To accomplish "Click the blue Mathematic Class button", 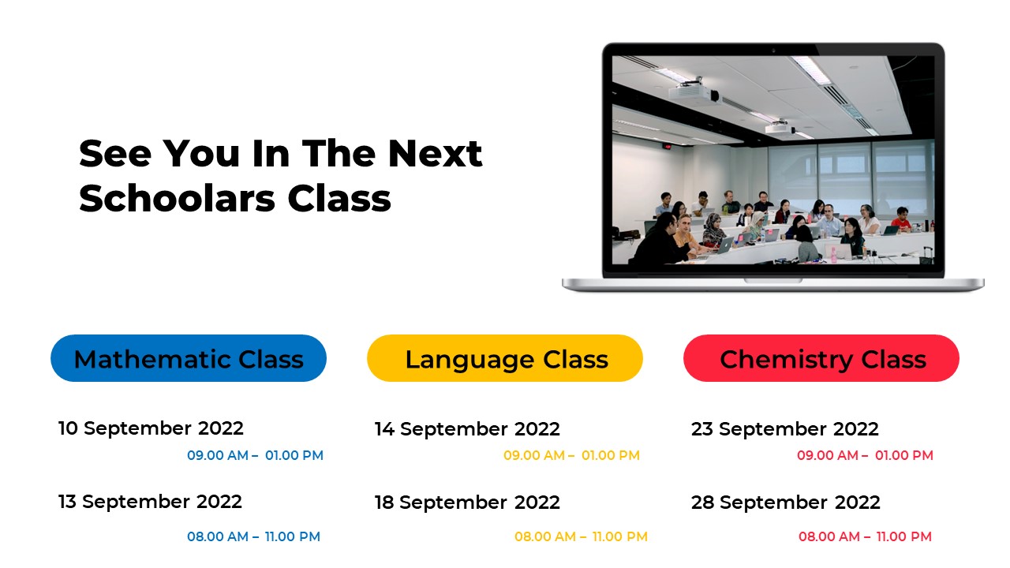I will pyautogui.click(x=189, y=359).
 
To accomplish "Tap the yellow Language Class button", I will pyautogui.click(x=505, y=359).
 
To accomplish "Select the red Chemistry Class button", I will pyautogui.click(x=821, y=359).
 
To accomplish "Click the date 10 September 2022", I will pyautogui.click(x=151, y=428).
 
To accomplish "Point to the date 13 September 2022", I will pyautogui.click(x=150, y=502).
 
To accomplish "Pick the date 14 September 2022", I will pyautogui.click(x=467, y=429).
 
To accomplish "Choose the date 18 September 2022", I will pyautogui.click(x=467, y=503).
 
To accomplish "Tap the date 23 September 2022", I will pyautogui.click(x=785, y=429).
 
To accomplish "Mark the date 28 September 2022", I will pyautogui.click(x=786, y=503).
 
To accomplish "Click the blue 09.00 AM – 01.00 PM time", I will pyautogui.click(x=255, y=455).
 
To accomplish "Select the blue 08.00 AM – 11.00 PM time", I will pyautogui.click(x=253, y=536).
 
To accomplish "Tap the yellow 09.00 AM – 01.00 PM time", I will pyautogui.click(x=571, y=455).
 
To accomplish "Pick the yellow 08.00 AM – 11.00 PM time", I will pyautogui.click(x=581, y=536).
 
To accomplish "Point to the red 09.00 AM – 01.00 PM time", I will pyautogui.click(x=865, y=455).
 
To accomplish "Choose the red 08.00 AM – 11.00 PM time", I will pyautogui.click(x=865, y=536).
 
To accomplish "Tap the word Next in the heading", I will pyautogui.click(x=435, y=152).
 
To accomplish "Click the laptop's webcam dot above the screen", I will pyautogui.click(x=773, y=50).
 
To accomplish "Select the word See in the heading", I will pyautogui.click(x=114, y=152).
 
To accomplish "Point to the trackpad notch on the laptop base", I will pyautogui.click(x=773, y=280).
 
